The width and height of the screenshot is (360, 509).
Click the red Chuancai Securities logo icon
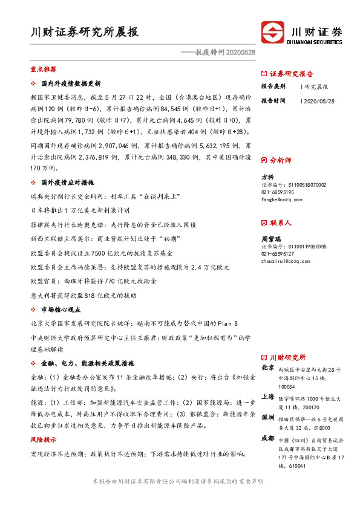coord(272,32)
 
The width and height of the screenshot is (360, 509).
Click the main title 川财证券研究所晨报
coord(84,33)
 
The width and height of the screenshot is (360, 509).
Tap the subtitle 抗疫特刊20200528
coord(219,53)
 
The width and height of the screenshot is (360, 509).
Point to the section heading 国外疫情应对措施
coord(67,183)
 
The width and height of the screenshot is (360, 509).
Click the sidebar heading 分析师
coord(280,160)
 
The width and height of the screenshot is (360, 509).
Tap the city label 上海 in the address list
coord(267,397)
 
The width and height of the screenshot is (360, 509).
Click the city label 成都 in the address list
coord(267,438)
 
